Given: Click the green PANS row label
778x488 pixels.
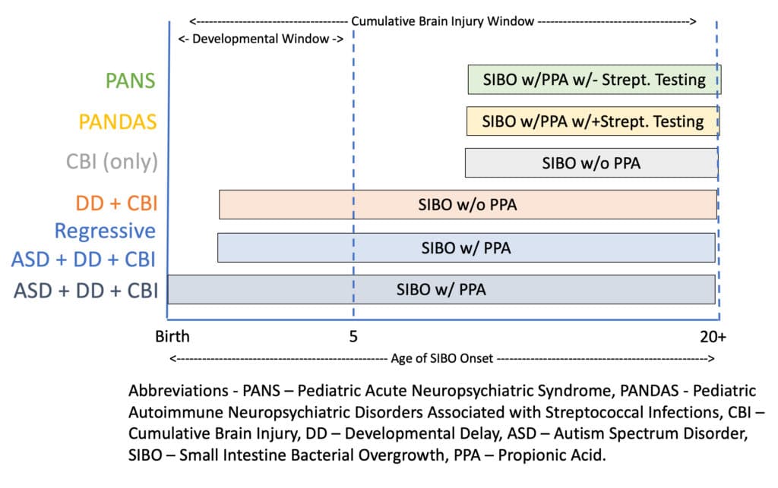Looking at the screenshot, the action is coord(131,80).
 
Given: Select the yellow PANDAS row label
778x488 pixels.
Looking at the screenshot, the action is coord(118,121).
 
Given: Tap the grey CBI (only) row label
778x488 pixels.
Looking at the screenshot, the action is coord(112,162).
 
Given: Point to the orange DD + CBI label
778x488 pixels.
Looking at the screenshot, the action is coord(116,203).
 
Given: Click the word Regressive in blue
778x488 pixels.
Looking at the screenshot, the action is coord(105,231).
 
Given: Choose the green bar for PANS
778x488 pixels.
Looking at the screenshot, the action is coord(594,79).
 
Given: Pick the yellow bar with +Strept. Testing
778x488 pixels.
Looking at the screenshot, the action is coord(593,121).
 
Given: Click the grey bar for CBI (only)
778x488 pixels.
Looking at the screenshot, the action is coord(591,162).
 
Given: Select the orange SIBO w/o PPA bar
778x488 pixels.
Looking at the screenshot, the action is coord(468,204).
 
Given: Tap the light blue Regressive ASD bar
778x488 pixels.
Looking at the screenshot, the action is coord(466,247).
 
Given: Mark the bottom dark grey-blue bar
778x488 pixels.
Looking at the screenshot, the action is coord(441,289).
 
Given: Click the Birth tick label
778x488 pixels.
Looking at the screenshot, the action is coord(172,336).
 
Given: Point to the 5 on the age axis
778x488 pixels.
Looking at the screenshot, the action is coord(353,337).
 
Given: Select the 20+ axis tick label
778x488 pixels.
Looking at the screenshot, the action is coord(713,337).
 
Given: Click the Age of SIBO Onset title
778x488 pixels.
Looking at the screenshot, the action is coord(441,358).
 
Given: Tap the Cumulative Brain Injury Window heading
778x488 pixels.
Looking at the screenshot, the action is coord(443,21).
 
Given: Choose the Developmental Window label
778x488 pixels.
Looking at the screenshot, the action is coord(261,39).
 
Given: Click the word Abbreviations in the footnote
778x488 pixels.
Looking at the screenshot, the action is coord(178,390).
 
